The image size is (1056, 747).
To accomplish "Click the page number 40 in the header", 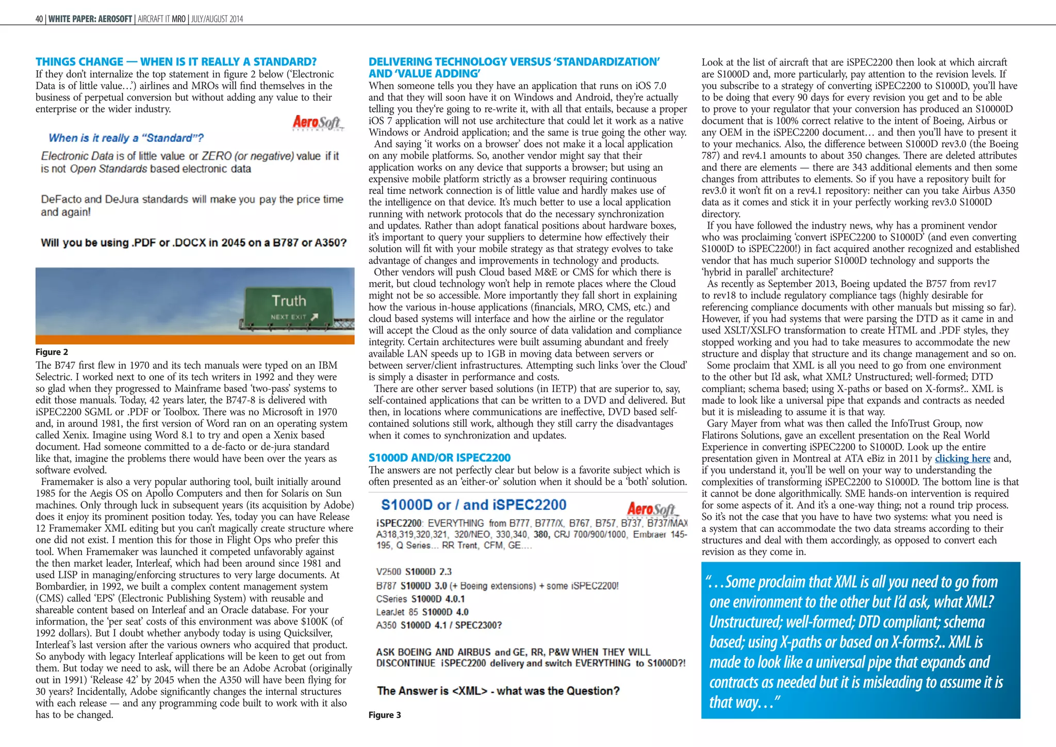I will (39, 19).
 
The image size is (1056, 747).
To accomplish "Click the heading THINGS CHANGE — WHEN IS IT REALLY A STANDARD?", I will (176, 62).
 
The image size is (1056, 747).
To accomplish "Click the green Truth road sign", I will (289, 307).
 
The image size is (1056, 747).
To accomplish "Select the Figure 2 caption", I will (52, 352).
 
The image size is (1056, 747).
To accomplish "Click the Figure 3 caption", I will (384, 715).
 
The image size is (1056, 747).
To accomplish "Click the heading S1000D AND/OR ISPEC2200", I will (439, 458).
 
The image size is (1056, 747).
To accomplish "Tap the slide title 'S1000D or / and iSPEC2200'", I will (473, 505).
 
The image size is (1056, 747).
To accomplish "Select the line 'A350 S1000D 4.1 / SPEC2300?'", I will (439, 625).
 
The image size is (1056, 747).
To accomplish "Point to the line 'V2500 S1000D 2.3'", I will (414, 572).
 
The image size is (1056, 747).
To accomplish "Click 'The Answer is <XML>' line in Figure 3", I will (498, 691).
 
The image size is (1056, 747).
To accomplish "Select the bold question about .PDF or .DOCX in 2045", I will (193, 242).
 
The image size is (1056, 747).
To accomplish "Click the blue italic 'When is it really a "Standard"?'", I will (126, 138).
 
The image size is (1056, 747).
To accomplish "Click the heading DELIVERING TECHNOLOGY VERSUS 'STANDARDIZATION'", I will (514, 62).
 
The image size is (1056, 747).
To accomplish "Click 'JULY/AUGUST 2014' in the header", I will (217, 19).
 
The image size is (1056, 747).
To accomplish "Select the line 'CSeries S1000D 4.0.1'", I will (420, 599).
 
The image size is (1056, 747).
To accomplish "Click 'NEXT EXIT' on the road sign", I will (289, 317).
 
